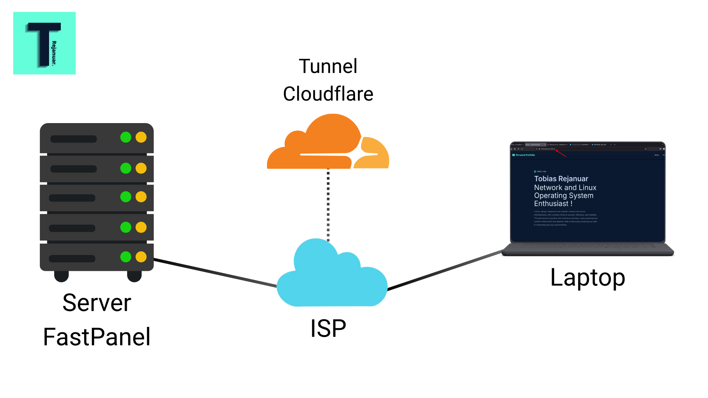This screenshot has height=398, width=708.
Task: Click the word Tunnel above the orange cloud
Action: coord(328,66)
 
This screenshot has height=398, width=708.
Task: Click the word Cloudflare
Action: coord(328,94)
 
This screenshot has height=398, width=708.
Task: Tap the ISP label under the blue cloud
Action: coord(328,328)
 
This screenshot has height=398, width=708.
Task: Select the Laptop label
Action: coord(587,277)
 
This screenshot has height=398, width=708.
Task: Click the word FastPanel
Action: coord(97,337)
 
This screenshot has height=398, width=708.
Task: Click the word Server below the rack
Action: coord(97,303)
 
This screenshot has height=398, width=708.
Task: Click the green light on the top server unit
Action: coord(126,137)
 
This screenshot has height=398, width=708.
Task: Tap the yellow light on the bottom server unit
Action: coord(141,257)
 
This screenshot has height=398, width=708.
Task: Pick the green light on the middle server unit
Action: coord(126,197)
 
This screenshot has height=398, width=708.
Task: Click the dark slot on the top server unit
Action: coord(73,139)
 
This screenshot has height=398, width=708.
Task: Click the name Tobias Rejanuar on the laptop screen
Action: coord(561,179)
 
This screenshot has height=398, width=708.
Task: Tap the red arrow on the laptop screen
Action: coord(561,153)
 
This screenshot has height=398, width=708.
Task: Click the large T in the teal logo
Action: coord(44,42)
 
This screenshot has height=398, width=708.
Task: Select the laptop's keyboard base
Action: coord(587,249)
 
